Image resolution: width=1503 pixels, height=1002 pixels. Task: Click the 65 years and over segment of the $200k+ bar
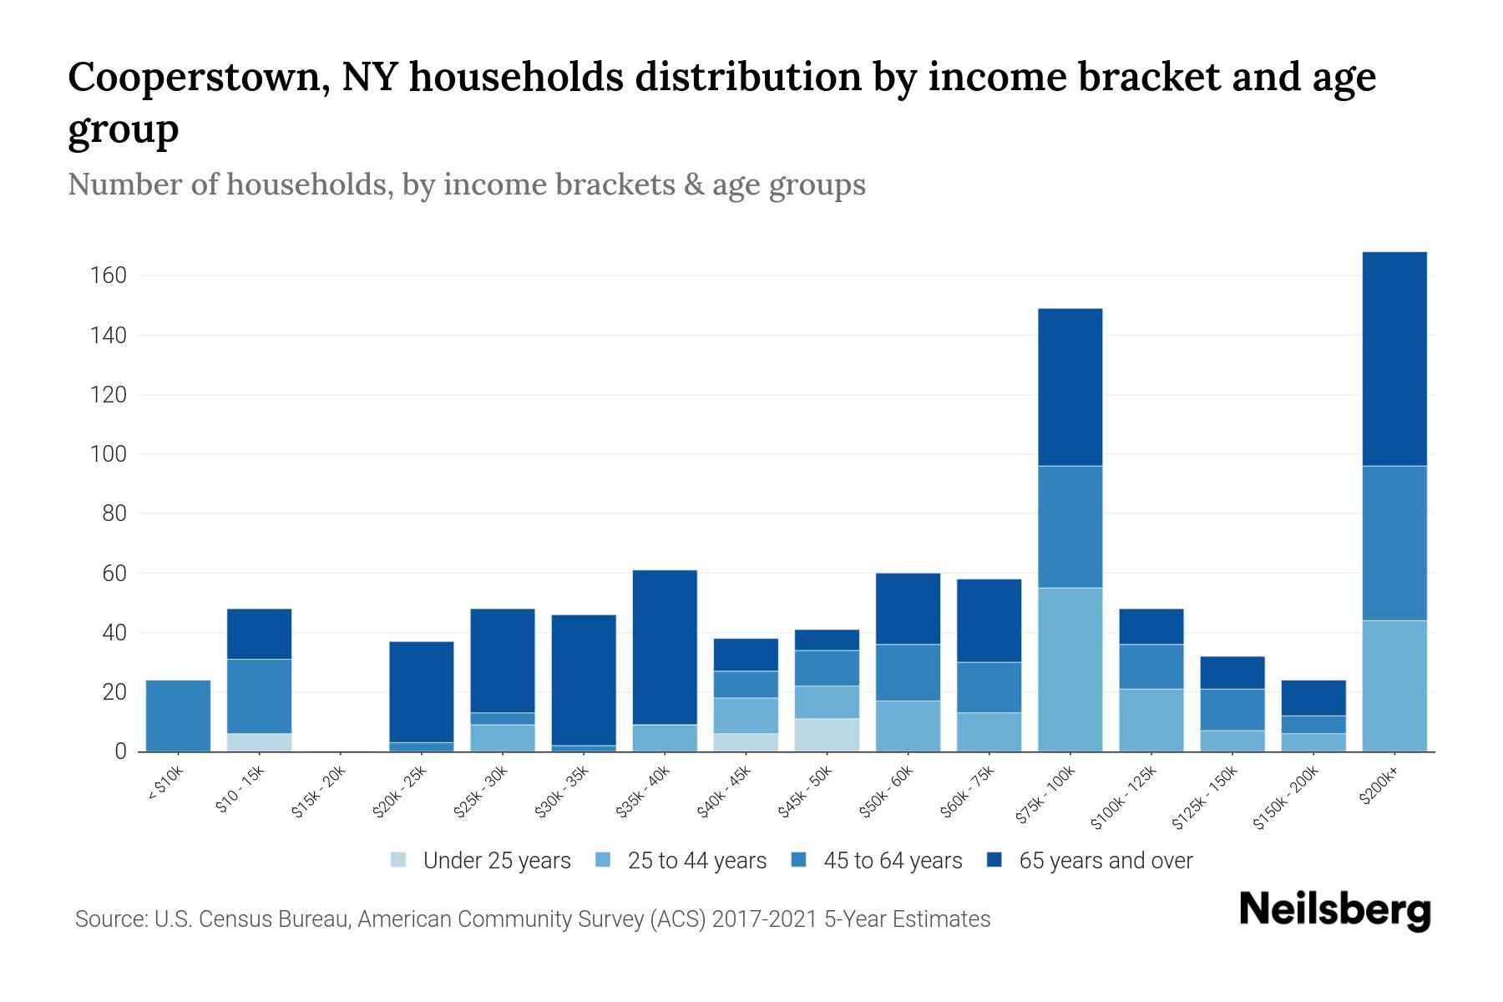coord(1394,359)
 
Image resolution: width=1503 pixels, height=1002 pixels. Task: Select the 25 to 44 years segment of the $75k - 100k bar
coord(1070,670)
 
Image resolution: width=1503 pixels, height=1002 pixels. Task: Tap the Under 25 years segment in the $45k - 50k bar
coord(827,735)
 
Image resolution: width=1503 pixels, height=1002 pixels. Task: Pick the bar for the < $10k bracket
coord(178,716)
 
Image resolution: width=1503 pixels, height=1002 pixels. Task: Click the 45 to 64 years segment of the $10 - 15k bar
coord(259,696)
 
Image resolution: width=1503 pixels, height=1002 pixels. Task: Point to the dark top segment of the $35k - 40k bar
coord(665,647)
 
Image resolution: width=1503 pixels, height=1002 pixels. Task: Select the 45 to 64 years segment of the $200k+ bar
coord(1394,543)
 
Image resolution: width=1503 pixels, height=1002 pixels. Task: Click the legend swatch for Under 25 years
coord(399,860)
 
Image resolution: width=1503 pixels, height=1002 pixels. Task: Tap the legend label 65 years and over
coord(1106,860)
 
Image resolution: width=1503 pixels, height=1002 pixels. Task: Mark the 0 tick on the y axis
coord(120,751)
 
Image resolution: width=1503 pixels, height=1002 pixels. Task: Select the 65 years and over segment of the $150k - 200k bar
coord(1313,698)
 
